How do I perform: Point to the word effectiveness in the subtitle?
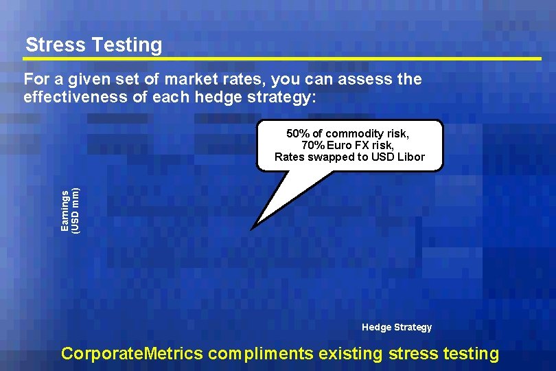[75, 96]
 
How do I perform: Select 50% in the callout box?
[298, 133]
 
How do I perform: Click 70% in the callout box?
[313, 145]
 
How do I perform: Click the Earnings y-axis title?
[65, 210]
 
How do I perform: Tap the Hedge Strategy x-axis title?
[397, 327]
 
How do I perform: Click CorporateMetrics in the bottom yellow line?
[132, 354]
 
